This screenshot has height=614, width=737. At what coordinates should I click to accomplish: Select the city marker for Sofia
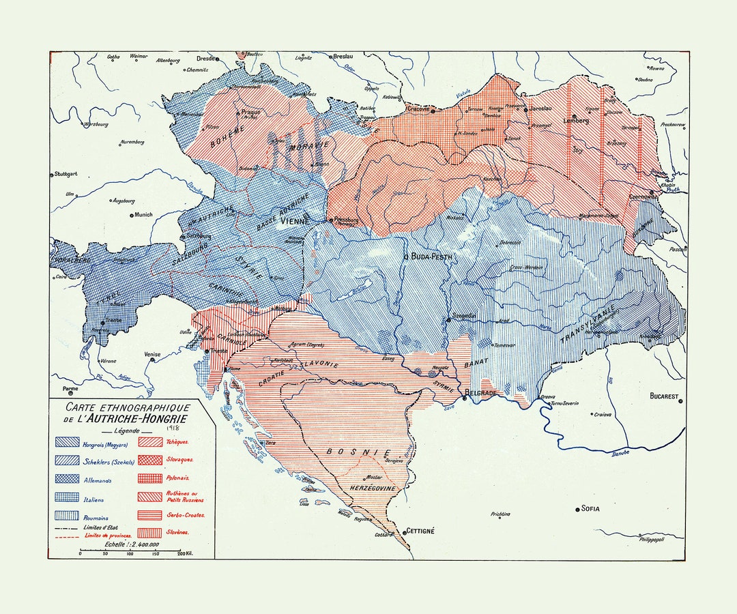coord(577,509)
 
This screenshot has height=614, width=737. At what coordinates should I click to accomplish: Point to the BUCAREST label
coord(664,396)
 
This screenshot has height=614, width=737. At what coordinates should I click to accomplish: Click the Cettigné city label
coord(420,530)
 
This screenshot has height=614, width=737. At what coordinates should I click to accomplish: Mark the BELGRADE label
coord(483,394)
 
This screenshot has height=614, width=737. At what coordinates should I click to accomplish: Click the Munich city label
coord(143,214)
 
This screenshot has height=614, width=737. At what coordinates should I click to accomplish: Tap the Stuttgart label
coord(66,174)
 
